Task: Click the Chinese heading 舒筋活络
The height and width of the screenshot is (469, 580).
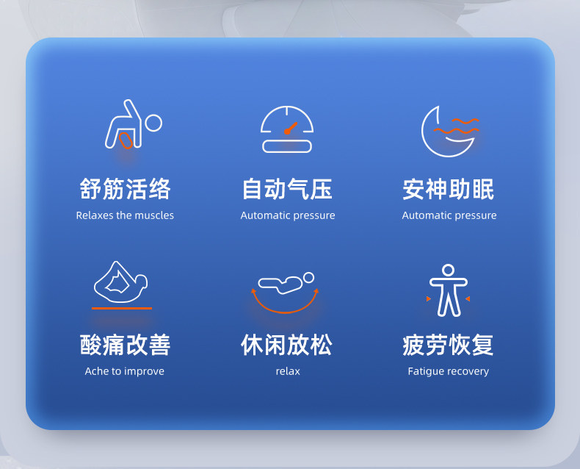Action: (x=125, y=189)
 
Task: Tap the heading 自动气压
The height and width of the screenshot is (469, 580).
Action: (x=287, y=189)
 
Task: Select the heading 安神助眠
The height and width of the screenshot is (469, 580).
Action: (x=449, y=189)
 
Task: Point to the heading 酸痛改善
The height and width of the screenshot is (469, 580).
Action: (x=125, y=345)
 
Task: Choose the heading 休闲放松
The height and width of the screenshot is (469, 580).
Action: (x=286, y=345)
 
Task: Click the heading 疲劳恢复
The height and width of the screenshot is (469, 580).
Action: (x=449, y=345)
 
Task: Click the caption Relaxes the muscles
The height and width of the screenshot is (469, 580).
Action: (x=125, y=215)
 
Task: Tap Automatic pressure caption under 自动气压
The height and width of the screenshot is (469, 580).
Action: (x=288, y=215)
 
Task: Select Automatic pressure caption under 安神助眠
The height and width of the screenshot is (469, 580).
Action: (x=449, y=215)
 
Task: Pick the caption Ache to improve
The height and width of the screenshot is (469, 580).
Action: (x=125, y=371)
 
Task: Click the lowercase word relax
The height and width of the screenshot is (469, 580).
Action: (x=288, y=371)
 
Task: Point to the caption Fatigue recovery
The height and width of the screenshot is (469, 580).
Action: (x=449, y=371)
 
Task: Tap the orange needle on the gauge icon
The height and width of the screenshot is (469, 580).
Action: (x=291, y=128)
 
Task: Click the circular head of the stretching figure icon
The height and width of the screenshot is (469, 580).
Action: (x=153, y=123)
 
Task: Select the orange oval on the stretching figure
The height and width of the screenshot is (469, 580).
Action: (x=126, y=140)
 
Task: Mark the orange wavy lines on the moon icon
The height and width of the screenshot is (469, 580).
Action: (x=457, y=126)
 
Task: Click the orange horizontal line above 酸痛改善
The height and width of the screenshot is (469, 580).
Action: (x=122, y=308)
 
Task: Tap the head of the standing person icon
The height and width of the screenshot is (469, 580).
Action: (x=449, y=270)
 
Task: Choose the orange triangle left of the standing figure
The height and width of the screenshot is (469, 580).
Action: (x=428, y=298)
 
